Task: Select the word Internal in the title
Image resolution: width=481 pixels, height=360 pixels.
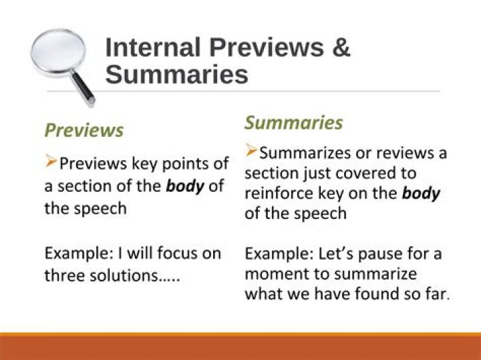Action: (x=153, y=48)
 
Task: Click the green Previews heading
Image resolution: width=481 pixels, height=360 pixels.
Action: (x=84, y=130)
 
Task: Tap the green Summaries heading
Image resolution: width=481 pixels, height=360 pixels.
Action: (x=293, y=123)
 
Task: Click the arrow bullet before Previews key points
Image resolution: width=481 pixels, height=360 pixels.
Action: (x=51, y=162)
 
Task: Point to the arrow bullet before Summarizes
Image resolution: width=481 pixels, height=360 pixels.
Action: (x=251, y=151)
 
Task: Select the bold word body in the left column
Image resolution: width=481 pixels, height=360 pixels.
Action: (x=184, y=186)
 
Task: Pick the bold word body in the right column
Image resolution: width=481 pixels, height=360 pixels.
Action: (x=421, y=194)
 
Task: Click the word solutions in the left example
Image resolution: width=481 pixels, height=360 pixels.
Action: (x=143, y=275)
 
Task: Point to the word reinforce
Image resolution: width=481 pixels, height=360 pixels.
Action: (x=275, y=194)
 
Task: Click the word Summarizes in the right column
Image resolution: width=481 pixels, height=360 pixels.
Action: (x=305, y=153)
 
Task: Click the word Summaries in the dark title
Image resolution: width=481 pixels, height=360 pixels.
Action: (x=176, y=74)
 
